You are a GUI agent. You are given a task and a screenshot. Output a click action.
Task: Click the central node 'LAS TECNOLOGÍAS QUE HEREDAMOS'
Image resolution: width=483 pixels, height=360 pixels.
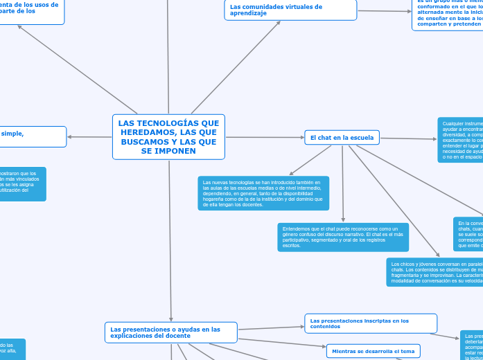point(168,136)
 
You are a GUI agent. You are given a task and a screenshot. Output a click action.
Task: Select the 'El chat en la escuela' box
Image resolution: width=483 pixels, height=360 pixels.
point(342,138)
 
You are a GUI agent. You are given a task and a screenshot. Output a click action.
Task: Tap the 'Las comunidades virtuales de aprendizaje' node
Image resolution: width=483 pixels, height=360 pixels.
point(290,10)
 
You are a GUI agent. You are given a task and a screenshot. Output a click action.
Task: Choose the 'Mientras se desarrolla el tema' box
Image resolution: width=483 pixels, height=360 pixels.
point(373,351)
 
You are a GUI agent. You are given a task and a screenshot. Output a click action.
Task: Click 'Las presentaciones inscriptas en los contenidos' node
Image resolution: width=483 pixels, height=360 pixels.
point(371,323)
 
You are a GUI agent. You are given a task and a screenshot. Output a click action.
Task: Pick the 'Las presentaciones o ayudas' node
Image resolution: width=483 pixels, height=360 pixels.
point(170,332)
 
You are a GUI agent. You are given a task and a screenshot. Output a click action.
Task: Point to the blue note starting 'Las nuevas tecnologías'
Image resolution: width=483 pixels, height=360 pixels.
point(263,192)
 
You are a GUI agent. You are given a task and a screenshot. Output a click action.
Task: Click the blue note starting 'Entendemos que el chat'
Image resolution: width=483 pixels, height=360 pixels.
point(342,237)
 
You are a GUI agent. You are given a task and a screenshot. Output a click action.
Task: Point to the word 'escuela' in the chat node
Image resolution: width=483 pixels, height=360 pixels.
point(360,138)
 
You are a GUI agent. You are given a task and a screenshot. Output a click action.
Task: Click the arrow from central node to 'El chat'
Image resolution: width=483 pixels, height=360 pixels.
point(265,137)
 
